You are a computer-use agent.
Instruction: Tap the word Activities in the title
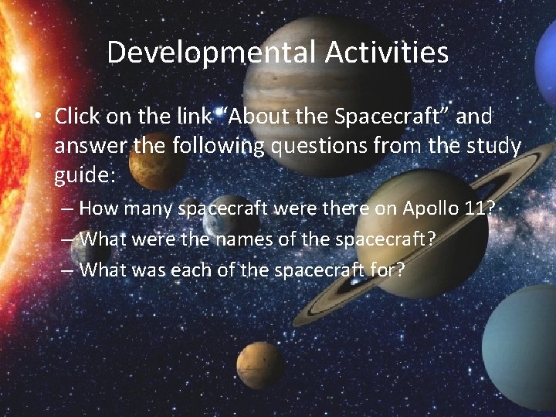point(387,53)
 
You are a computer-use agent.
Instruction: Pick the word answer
point(88,146)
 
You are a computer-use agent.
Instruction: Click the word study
point(493,146)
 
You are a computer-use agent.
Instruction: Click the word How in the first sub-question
point(96,208)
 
